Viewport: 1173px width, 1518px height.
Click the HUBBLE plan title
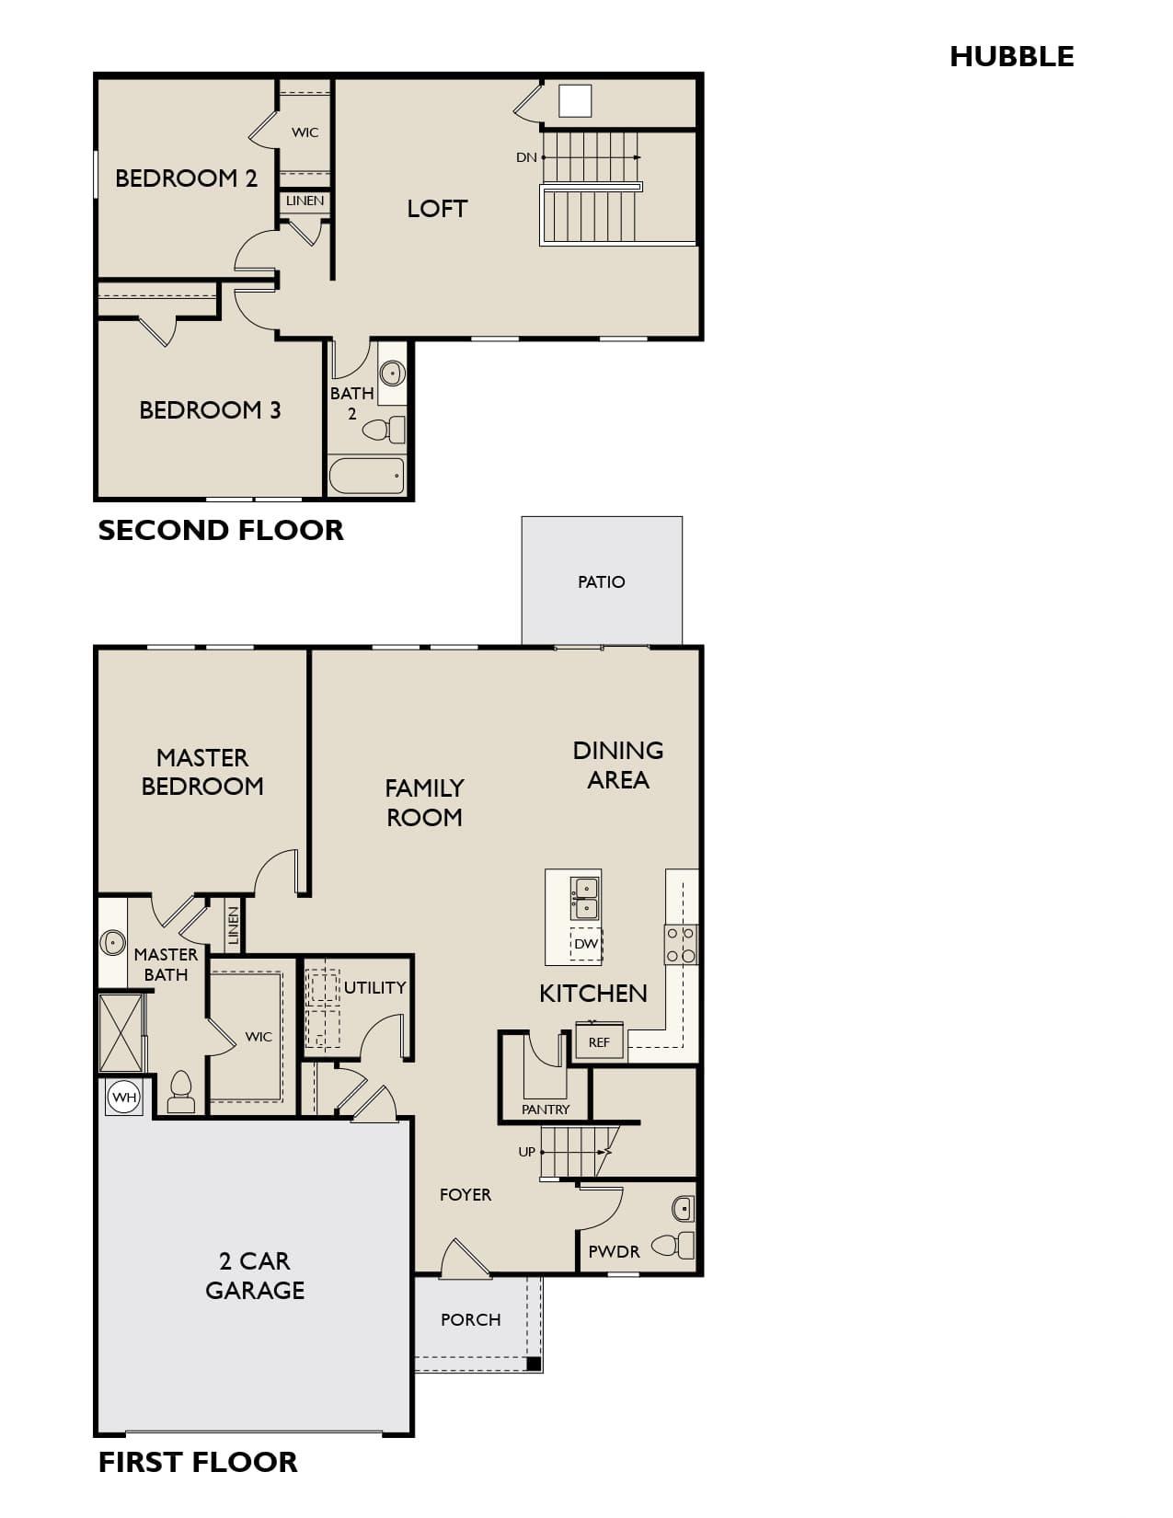pos(1011,57)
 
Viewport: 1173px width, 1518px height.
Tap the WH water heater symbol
pos(124,1097)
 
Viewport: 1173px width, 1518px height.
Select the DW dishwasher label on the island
pos(585,944)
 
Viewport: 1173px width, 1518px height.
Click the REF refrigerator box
pos(599,1041)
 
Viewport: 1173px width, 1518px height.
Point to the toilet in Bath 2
pos(385,429)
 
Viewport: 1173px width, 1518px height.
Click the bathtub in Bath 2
pos(367,477)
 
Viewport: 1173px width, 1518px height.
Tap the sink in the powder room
pos(683,1209)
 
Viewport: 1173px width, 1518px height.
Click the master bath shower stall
pos(121,1033)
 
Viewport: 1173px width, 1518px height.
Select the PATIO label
pos(601,582)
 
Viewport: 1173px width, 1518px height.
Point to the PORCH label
pos(471,1319)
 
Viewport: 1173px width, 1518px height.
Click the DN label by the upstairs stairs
pos(526,158)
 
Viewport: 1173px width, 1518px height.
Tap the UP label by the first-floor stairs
pos(527,1152)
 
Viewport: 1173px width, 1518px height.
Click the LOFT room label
pos(437,209)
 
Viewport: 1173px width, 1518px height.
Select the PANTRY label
pos(546,1110)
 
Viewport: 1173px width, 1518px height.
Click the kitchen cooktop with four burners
pos(681,945)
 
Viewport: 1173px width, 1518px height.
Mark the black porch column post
pos(533,1363)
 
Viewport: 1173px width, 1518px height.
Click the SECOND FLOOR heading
pos(221,530)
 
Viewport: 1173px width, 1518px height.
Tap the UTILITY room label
pos(374,987)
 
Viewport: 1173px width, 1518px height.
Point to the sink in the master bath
pos(112,942)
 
